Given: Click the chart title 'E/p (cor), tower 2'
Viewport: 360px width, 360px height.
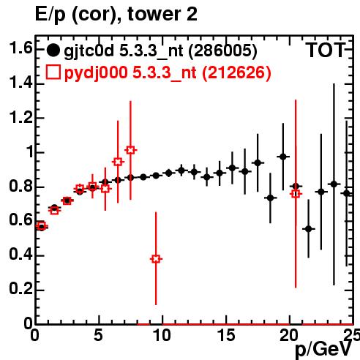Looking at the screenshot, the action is (116, 15).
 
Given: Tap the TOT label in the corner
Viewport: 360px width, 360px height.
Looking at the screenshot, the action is (326, 50).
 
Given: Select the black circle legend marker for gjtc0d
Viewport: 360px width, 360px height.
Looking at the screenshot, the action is (53, 50).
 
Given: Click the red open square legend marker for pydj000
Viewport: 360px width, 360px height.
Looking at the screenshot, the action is (53, 72).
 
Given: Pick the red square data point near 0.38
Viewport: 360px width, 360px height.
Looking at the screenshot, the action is (156, 259).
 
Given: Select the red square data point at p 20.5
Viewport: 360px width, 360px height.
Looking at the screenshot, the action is (296, 194).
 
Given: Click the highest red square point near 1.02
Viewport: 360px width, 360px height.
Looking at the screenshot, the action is (130, 150).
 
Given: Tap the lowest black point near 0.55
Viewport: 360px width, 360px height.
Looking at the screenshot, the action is (309, 229).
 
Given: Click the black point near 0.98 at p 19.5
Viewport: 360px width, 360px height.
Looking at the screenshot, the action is (283, 157).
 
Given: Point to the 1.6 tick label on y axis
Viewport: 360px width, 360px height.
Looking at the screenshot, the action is (20, 48).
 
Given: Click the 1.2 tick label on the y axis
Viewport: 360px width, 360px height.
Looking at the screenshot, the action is (20, 118).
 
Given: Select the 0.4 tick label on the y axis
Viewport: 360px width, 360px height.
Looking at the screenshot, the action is (20, 255).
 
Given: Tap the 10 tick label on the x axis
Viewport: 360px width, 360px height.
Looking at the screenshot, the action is (162, 335).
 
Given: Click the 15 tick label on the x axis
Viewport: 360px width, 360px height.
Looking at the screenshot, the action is (226, 335).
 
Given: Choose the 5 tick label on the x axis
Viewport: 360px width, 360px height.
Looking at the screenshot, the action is (98, 335).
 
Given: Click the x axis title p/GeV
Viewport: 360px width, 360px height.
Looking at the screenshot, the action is (323, 350).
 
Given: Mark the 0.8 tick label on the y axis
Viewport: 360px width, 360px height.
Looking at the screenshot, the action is (20, 186).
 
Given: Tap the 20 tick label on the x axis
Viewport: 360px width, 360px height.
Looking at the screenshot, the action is (289, 335).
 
